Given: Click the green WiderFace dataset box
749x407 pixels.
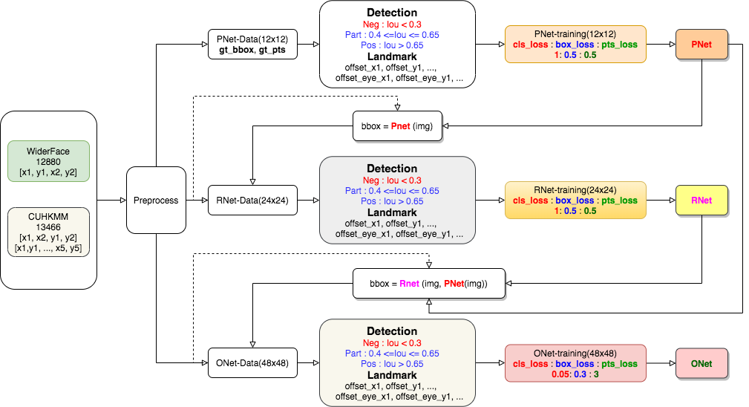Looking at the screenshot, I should (x=49, y=161).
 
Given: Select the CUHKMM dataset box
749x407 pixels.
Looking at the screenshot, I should (x=49, y=232).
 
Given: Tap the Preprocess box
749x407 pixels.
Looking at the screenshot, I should (x=156, y=200).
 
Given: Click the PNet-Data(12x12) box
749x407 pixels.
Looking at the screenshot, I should (x=253, y=45).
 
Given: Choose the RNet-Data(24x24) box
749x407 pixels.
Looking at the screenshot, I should (x=253, y=200).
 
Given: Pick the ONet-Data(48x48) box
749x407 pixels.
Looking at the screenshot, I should (x=253, y=363).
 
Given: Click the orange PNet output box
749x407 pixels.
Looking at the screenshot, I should (x=701, y=45).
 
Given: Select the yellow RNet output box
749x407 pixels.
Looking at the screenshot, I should (x=701, y=200).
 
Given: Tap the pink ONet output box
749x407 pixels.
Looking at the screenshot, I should (x=701, y=363).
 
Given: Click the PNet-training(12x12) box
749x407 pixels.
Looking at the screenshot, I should (x=575, y=45).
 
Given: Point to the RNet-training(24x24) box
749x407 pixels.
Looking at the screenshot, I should (x=575, y=200).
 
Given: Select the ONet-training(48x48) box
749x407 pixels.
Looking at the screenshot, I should (x=575, y=363).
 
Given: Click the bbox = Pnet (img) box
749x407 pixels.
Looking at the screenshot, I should (x=401, y=126).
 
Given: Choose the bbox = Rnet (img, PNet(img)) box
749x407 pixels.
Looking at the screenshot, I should (x=429, y=283).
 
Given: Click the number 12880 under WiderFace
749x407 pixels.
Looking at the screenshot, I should (x=49, y=161).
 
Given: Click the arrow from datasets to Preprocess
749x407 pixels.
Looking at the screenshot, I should (x=111, y=200).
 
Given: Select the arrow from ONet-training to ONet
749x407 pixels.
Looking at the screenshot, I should (x=661, y=363).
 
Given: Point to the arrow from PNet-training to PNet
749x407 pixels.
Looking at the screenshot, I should (x=661, y=45).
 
